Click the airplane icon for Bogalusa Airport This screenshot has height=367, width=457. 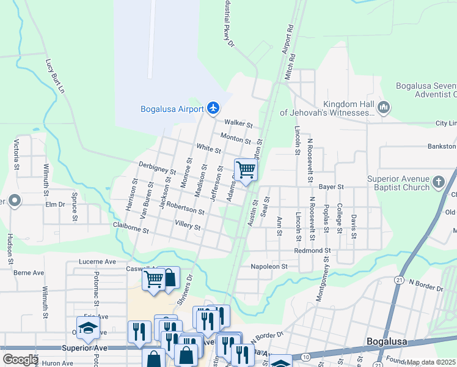(213, 109)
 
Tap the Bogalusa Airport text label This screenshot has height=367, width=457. (172, 109)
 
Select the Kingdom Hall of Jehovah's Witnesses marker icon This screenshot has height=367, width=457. (384, 108)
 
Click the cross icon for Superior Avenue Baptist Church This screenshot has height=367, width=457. (438, 182)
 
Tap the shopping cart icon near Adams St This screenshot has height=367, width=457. (245, 169)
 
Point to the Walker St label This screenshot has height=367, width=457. (239, 124)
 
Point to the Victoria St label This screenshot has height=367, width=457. (15, 156)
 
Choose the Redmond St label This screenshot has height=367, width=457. (312, 251)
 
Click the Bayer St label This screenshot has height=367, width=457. (332, 187)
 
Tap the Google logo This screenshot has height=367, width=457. (20, 360)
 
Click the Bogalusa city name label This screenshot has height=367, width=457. (390, 341)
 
